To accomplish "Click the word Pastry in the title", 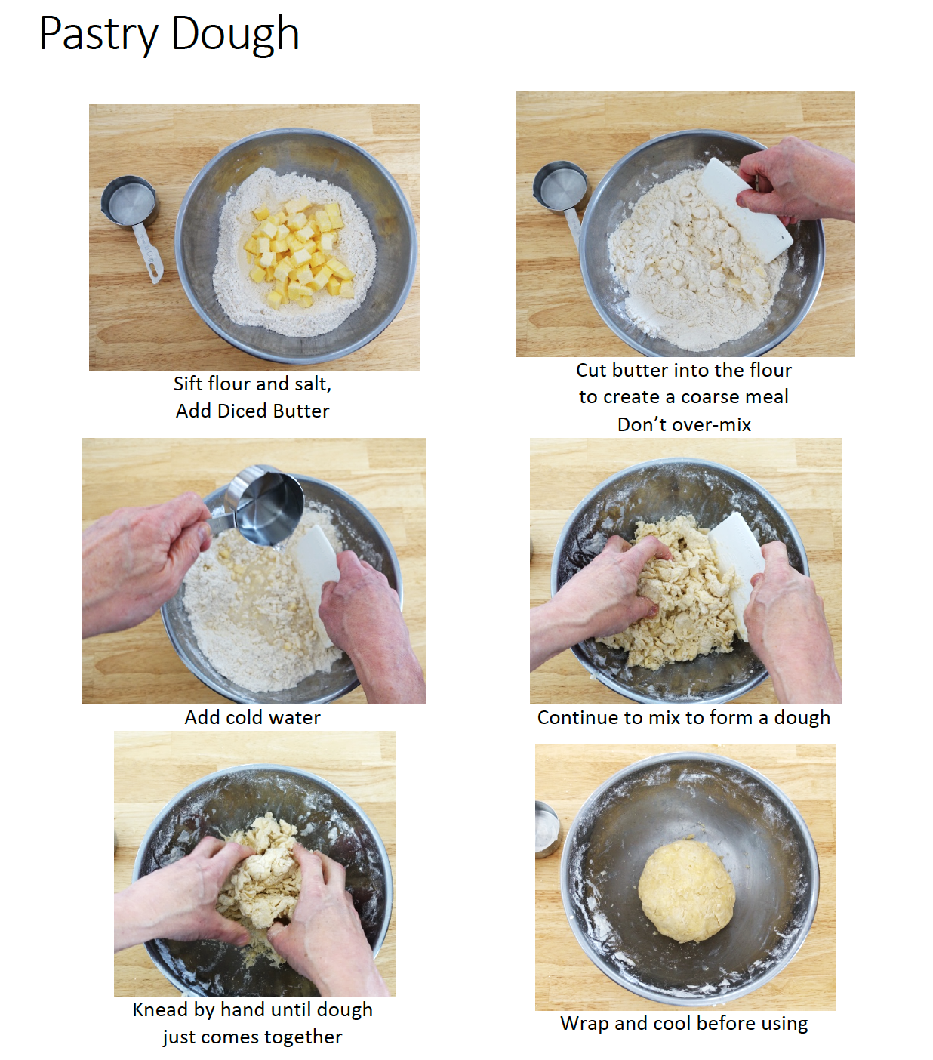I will pos(98,34).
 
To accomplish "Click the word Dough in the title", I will pos(235,34).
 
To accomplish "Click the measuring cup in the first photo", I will pos(130,204).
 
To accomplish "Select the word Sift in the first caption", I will pos(188,384).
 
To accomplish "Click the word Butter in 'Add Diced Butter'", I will pos(300,411).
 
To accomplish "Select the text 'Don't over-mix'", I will pos(684,424).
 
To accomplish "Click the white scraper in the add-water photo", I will pos(317,574).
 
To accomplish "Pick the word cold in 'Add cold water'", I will pos(243,717).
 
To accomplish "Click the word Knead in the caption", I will pos(160,1010).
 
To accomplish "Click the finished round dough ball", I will pos(686,891).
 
